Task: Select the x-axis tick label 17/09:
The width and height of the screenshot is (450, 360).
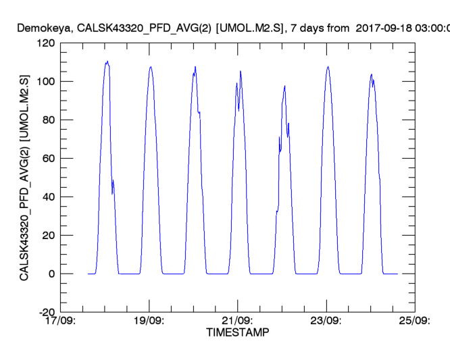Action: point(59,321)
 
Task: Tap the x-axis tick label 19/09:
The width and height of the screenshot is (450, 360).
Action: point(148,321)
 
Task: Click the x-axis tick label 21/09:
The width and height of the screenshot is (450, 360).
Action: point(236,321)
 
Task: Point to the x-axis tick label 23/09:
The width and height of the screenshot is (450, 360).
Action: point(326,321)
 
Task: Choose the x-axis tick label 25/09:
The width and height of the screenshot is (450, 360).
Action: point(414,321)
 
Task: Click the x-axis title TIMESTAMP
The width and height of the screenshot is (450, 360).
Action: point(237,332)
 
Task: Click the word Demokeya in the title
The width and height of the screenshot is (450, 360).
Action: point(44,28)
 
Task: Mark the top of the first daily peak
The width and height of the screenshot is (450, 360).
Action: point(107,62)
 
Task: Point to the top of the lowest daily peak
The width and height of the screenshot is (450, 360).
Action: point(285,86)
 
